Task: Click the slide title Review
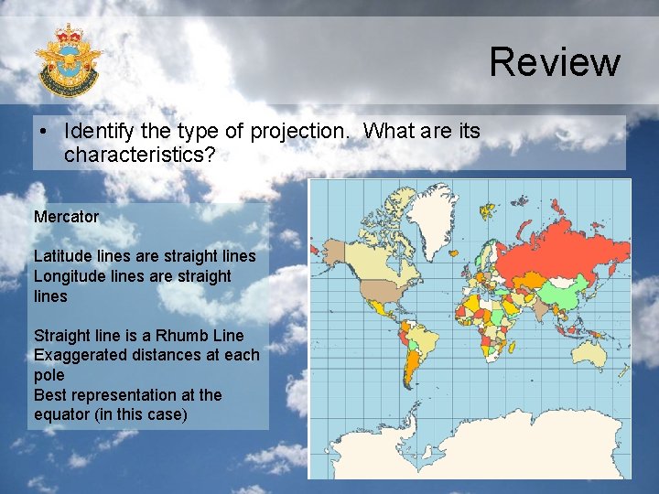pos(555,62)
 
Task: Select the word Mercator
pos(66,217)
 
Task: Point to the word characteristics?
pos(139,155)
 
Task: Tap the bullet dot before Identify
pos(44,132)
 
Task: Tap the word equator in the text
pos(63,414)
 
